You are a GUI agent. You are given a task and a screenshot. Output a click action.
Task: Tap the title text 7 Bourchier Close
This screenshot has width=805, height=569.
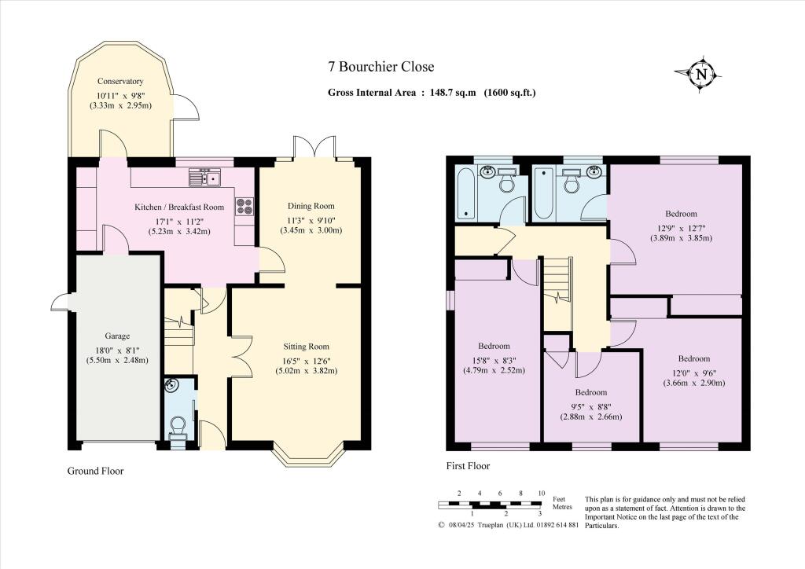[x=380, y=68]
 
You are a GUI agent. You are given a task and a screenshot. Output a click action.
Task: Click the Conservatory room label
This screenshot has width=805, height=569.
[x=120, y=81]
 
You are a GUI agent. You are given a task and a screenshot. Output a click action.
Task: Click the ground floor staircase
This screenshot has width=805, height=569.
[x=180, y=330]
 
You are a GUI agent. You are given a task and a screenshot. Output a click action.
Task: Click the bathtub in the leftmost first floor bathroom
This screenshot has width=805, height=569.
[x=465, y=193]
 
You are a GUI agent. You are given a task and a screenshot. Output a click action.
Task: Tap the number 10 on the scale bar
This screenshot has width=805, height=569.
[x=541, y=493]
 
